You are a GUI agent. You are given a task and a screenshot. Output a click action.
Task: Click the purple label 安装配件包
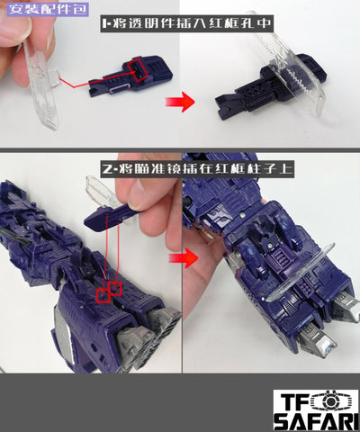(48, 8)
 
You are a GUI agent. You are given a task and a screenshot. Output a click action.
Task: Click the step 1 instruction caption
(186, 23)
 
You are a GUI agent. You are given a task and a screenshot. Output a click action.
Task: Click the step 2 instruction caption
(197, 169)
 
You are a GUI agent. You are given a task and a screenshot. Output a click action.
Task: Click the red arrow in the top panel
(180, 102)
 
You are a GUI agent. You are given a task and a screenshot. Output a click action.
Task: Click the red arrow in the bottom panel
(184, 257)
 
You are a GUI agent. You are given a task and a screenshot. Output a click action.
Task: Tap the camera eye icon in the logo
(329, 401)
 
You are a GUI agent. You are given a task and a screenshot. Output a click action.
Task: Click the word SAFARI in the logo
(317, 421)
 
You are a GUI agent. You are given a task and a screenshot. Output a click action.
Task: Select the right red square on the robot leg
(115, 288)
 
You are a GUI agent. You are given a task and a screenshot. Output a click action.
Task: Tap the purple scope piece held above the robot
(111, 216)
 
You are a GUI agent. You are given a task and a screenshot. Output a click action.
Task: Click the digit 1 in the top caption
(104, 23)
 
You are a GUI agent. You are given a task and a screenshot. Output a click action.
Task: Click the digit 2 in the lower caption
(107, 170)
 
